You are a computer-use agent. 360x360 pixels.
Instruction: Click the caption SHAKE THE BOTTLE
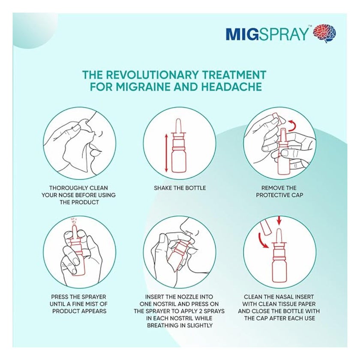(x=180, y=188)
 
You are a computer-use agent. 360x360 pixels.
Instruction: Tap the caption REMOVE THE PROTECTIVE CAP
(x=279, y=192)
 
